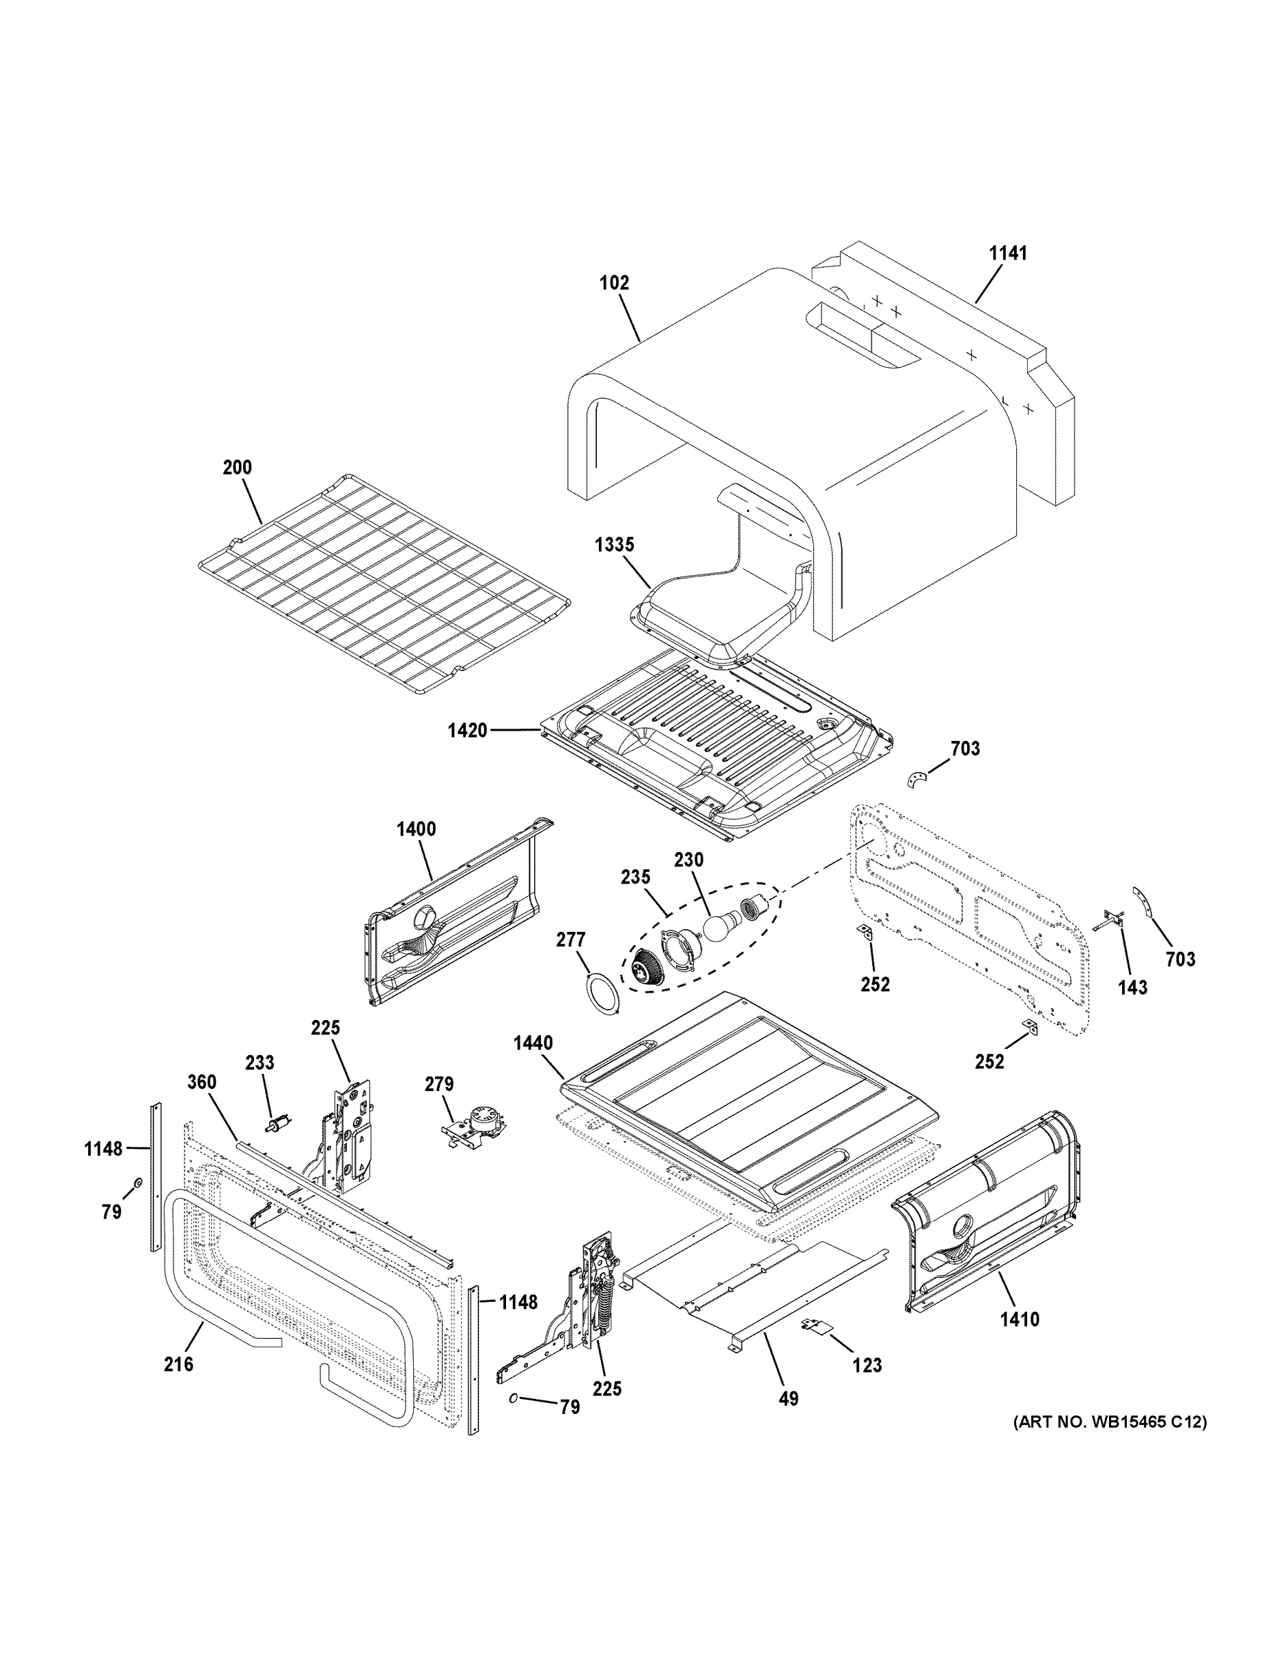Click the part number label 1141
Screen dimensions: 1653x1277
point(1009,253)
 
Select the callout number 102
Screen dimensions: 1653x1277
point(613,283)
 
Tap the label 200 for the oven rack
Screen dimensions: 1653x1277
point(237,468)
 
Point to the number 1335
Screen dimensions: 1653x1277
point(613,545)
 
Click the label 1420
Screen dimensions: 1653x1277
point(467,731)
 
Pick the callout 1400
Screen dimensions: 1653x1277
point(416,829)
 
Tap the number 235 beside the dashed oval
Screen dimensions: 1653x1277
point(635,877)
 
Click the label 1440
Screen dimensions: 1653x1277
point(533,1043)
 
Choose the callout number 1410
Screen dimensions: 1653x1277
point(1019,1320)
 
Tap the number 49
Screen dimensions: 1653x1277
point(788,1400)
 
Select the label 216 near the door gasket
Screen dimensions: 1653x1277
point(178,1364)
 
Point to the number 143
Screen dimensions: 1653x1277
point(1132,987)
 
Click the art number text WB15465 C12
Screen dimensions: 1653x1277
point(1110,1423)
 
